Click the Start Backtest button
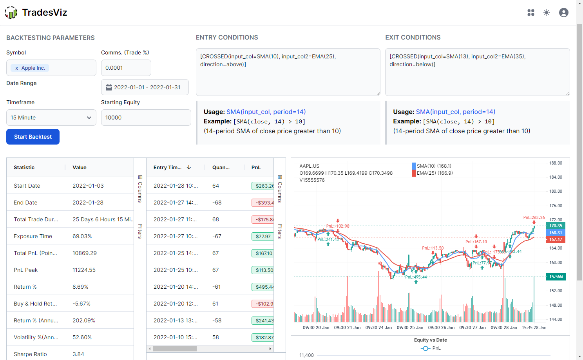[x=33, y=137]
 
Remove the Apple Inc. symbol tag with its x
[x=16, y=68]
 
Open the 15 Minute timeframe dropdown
[x=51, y=118]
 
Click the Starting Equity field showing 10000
[x=146, y=118]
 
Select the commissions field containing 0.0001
[x=126, y=68]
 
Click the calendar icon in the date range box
[x=109, y=87]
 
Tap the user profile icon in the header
[x=563, y=13]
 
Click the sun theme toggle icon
[x=547, y=13]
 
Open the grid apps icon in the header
[x=531, y=13]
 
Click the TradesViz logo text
[x=44, y=13]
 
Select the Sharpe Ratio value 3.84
[x=78, y=354]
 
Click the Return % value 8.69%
[x=80, y=287]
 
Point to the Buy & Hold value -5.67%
[x=81, y=304]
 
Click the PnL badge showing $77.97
[x=263, y=237]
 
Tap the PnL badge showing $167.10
[x=263, y=253]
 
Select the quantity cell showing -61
[x=217, y=287]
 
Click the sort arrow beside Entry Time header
[x=189, y=167]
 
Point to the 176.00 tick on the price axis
[x=556, y=206]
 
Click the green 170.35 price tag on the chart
[x=555, y=226]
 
